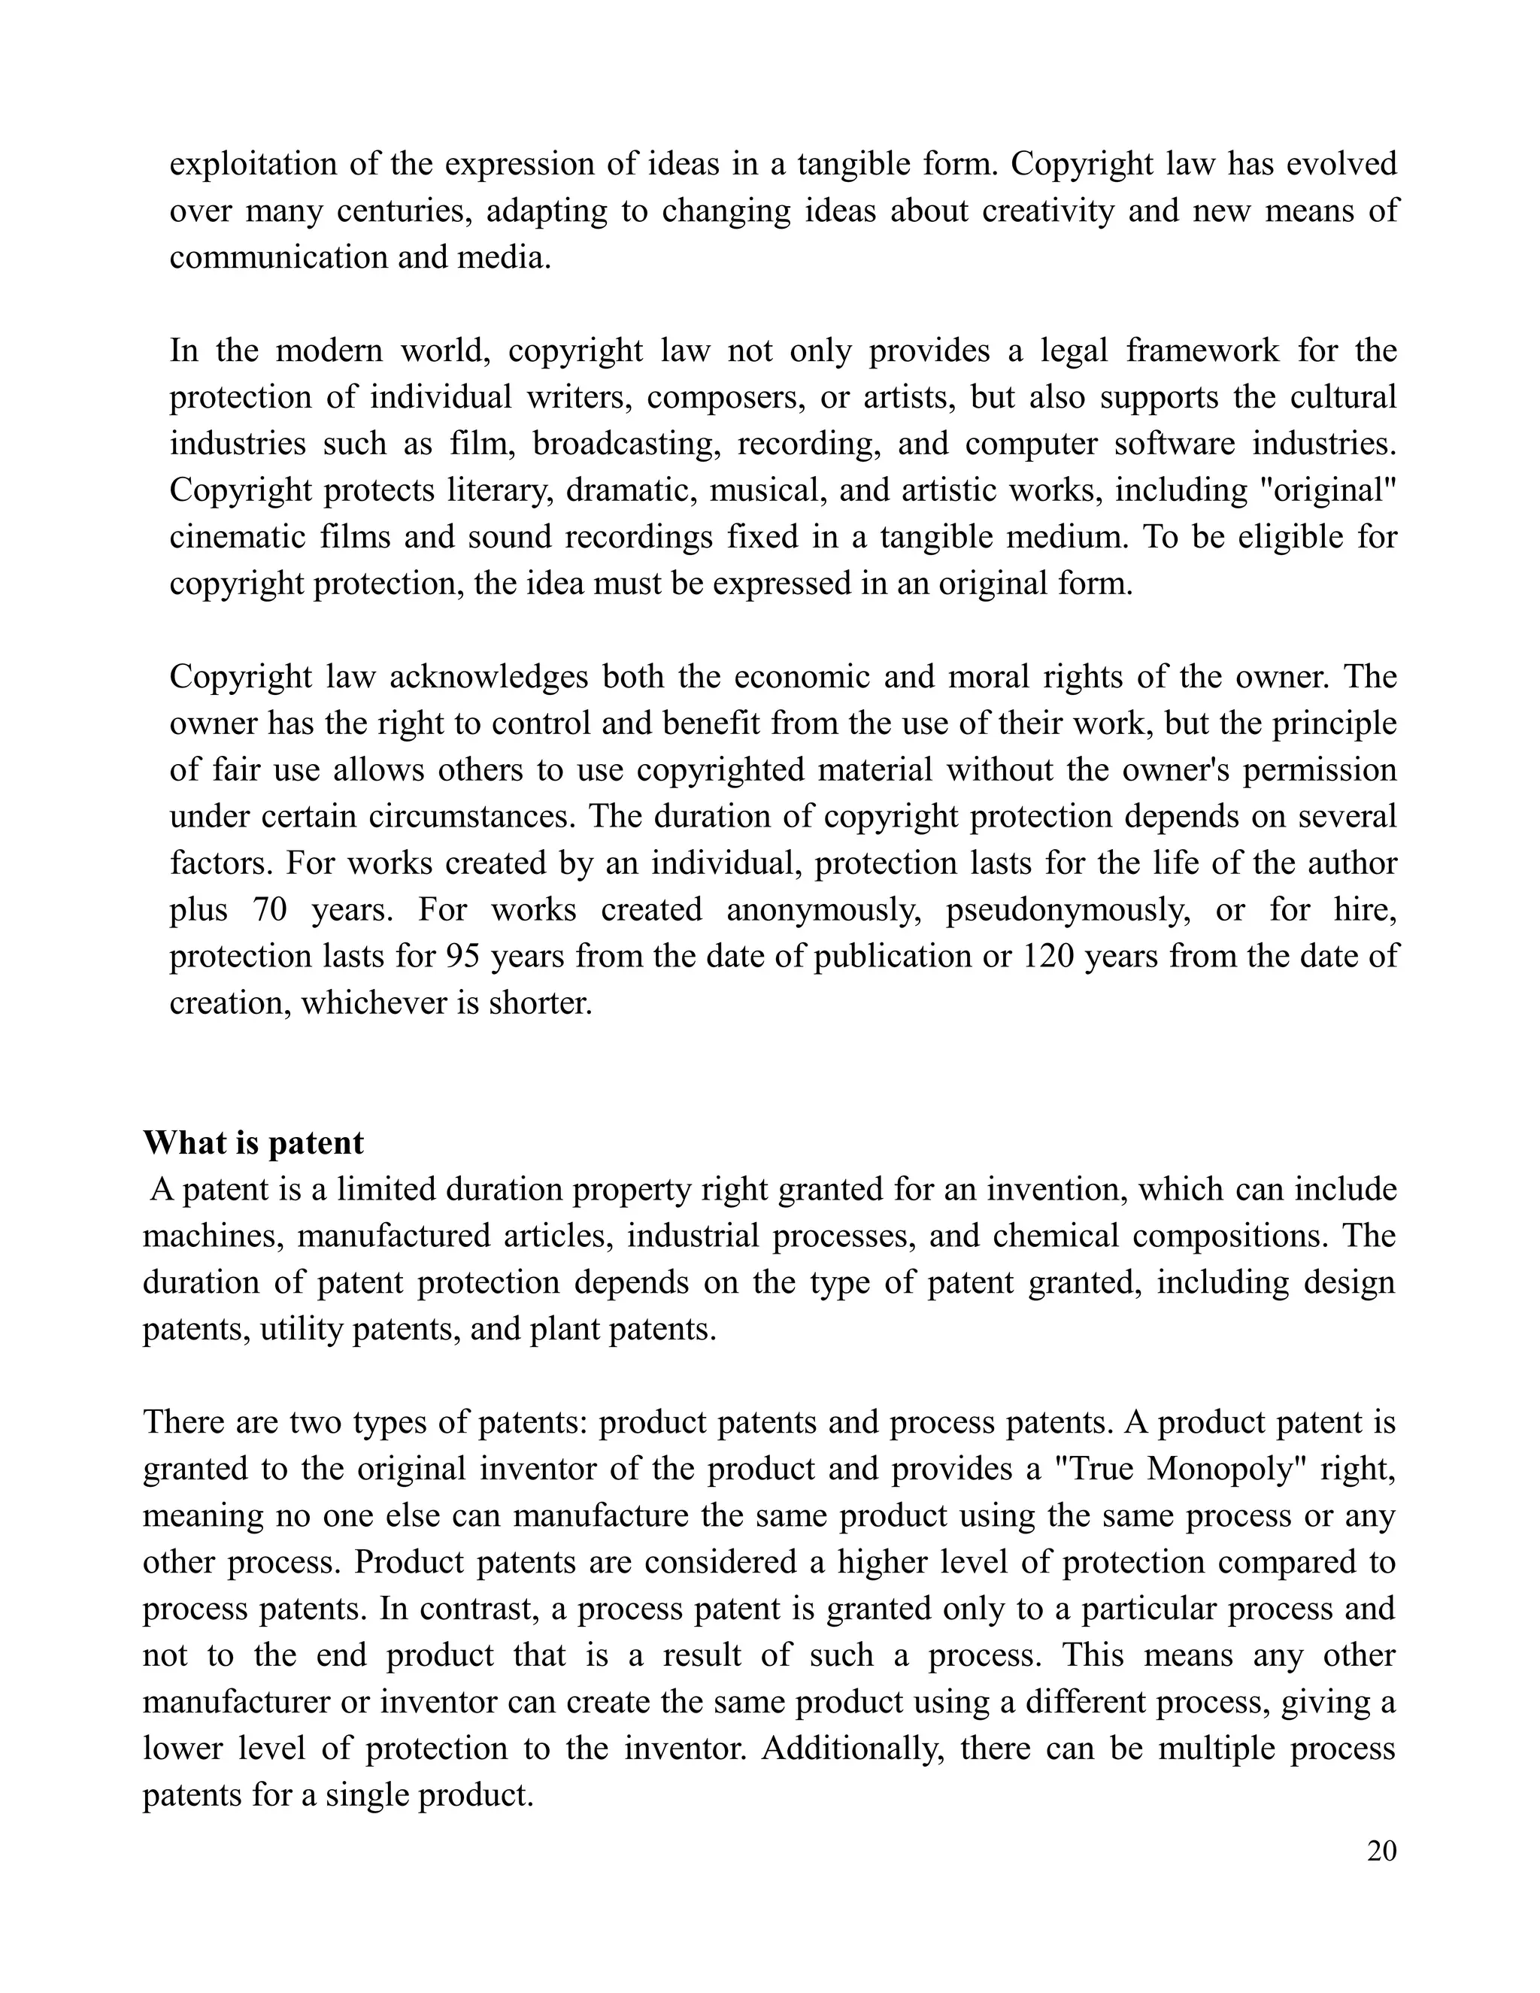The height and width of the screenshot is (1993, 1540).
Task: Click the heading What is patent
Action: [253, 1143]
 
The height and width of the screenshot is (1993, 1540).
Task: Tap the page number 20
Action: [1381, 1851]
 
